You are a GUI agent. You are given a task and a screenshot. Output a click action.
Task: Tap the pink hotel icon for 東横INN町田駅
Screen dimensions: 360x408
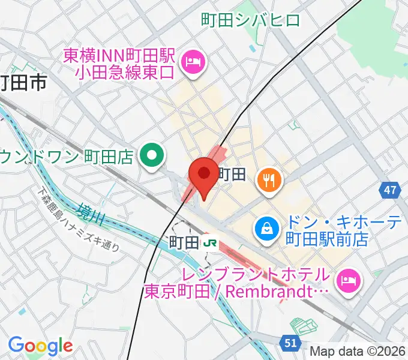point(194,60)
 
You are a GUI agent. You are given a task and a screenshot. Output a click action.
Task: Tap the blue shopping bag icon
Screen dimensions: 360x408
point(265,227)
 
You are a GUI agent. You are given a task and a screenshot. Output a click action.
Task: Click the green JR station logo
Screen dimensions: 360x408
point(209,242)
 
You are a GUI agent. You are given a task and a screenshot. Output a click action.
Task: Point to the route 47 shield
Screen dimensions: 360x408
point(391,191)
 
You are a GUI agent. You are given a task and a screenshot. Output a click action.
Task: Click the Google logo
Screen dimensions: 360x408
point(40,345)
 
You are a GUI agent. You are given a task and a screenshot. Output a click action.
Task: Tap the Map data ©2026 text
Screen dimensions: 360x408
point(358,352)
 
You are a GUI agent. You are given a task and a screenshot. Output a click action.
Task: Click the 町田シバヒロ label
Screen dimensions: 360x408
point(250,21)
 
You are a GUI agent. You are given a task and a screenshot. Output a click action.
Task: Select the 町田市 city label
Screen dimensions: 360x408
point(24,82)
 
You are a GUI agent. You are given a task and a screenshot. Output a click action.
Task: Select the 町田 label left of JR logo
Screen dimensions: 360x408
point(184,242)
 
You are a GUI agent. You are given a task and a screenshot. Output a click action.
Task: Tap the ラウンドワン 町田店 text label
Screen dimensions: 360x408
point(66,157)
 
